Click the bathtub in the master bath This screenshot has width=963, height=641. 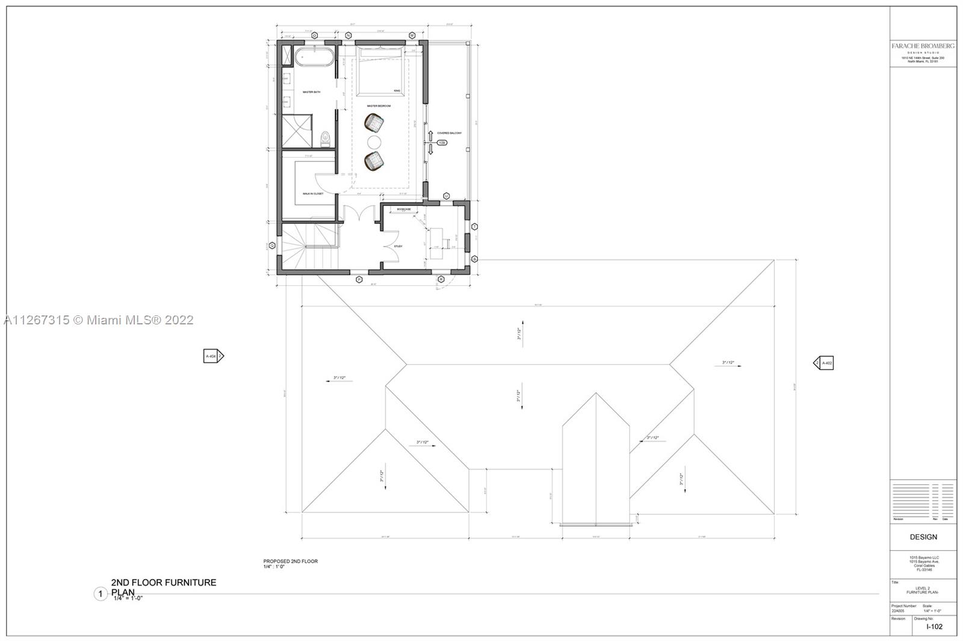coord(313,58)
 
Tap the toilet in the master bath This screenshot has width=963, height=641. coord(326,138)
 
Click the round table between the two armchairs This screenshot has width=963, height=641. coord(374,142)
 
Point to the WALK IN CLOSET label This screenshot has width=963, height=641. coord(313,194)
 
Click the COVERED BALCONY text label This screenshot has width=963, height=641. coord(450,133)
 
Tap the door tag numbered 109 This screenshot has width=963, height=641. coord(442,143)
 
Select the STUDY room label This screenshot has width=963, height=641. coord(398,246)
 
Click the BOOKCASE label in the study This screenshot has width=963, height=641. coord(404,209)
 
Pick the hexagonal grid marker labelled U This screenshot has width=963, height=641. coord(447,196)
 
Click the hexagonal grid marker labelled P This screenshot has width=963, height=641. coord(359,279)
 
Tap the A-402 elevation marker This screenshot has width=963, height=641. coord(824,363)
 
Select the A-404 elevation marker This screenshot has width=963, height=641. coord(213,356)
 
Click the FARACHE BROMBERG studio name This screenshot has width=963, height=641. coord(923,46)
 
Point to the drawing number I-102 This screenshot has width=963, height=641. coord(934,627)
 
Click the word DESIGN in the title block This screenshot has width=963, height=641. coord(923,537)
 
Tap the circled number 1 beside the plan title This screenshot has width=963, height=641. coord(101,594)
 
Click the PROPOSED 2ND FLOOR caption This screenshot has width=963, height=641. coord(291,561)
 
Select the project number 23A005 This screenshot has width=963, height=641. coord(898,611)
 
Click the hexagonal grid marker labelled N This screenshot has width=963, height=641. coord(348,36)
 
